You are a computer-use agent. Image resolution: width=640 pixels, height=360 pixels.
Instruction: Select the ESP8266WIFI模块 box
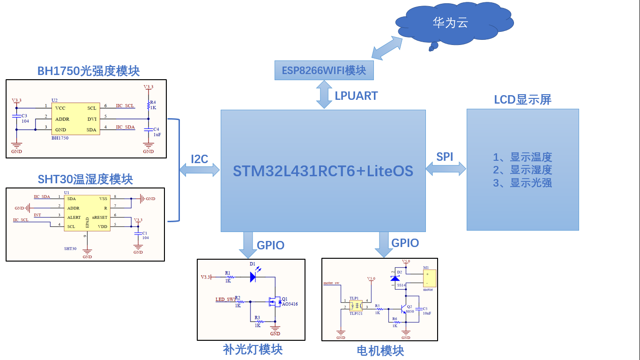click(x=324, y=71)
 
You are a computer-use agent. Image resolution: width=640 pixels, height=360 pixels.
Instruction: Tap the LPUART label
click(x=356, y=96)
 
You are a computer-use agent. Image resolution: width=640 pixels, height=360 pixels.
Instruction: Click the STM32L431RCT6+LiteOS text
click(x=323, y=171)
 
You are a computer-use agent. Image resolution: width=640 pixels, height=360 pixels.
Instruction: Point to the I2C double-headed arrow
click(x=200, y=170)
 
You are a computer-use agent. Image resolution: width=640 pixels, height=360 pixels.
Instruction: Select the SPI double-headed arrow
click(x=446, y=168)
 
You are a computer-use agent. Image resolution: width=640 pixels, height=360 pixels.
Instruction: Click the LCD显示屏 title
click(x=522, y=99)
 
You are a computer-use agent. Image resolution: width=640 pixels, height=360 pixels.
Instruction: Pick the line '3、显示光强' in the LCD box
click(x=522, y=183)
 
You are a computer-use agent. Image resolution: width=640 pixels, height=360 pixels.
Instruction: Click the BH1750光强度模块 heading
click(x=89, y=71)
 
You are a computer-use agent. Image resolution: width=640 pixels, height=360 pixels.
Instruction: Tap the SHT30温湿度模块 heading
click(x=85, y=179)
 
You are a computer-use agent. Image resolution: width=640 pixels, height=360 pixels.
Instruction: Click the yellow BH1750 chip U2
click(x=75, y=119)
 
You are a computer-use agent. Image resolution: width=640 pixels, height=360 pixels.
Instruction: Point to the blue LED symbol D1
click(x=253, y=277)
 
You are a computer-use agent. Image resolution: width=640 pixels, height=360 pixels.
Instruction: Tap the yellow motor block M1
click(x=429, y=278)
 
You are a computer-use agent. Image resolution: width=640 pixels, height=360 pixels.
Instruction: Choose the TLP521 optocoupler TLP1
click(x=356, y=305)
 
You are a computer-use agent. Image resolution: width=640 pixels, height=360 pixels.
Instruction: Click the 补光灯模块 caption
click(x=253, y=349)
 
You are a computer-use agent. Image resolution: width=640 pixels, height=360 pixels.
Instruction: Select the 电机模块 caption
click(x=380, y=351)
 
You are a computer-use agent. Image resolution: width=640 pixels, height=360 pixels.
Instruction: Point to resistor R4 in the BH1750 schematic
click(x=149, y=105)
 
